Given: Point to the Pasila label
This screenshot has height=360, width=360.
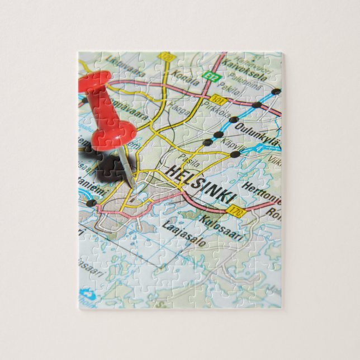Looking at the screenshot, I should pos(190,160).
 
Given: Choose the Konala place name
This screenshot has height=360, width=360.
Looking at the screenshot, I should pos(187,79).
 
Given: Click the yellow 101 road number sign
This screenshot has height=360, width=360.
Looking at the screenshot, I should pos(219,101).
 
